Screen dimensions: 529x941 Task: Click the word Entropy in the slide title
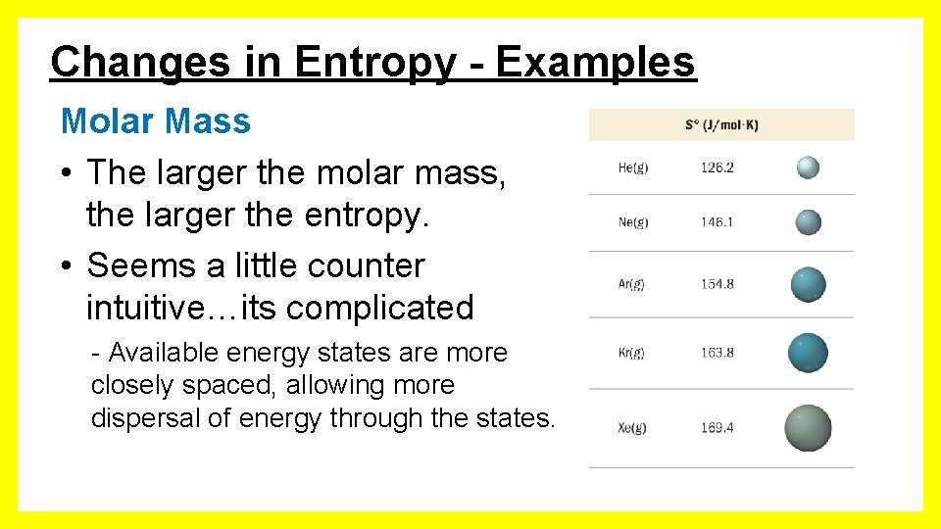374,63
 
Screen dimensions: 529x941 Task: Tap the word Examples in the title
595,63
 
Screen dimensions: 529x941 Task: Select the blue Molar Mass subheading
155,121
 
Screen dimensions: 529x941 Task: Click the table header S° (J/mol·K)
721,125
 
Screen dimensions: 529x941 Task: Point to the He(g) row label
633,168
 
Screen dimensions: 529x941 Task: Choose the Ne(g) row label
633,222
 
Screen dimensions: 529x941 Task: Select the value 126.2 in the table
717,168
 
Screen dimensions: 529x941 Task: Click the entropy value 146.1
717,222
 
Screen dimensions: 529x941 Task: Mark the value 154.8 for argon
717,284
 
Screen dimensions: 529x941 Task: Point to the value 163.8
717,353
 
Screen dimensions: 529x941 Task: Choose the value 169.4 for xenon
717,427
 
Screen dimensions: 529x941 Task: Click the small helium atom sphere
808,168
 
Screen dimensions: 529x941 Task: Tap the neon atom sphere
808,222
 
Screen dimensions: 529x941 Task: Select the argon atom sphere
809,285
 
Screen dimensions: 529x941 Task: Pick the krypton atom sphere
809,353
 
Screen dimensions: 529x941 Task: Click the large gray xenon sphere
808,428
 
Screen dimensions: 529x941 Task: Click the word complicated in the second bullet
380,308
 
